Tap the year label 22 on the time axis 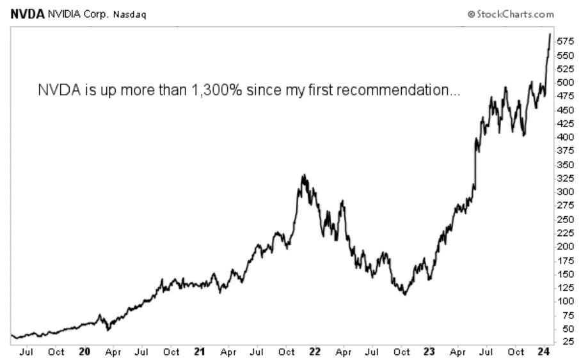point(314,351)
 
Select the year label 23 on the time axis point(429,351)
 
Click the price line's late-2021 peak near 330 point(304,175)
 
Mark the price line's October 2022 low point point(404,294)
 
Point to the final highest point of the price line point(550,34)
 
